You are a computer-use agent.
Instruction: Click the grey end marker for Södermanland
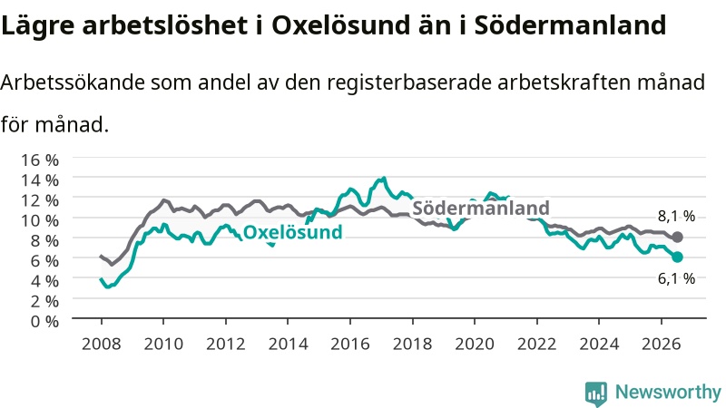[677, 238]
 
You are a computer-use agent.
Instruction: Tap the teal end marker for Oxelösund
[677, 257]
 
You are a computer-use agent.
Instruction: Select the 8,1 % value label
[676, 216]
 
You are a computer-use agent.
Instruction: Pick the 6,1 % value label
[676, 278]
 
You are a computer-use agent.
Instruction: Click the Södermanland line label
[481, 209]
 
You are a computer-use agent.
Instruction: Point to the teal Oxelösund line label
[292, 232]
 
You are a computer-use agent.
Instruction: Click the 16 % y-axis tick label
[40, 160]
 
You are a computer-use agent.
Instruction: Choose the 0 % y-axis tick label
[44, 321]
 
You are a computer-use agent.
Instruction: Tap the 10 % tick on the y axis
[40, 220]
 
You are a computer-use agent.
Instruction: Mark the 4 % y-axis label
[44, 281]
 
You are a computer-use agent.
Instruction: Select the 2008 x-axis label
[101, 345]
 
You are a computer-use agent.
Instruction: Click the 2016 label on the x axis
[350, 345]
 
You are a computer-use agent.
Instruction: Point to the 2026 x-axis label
[662, 345]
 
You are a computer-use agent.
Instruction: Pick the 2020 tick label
[475, 345]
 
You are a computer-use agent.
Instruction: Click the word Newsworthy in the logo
[668, 392]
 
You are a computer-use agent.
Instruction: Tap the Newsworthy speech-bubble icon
[596, 393]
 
